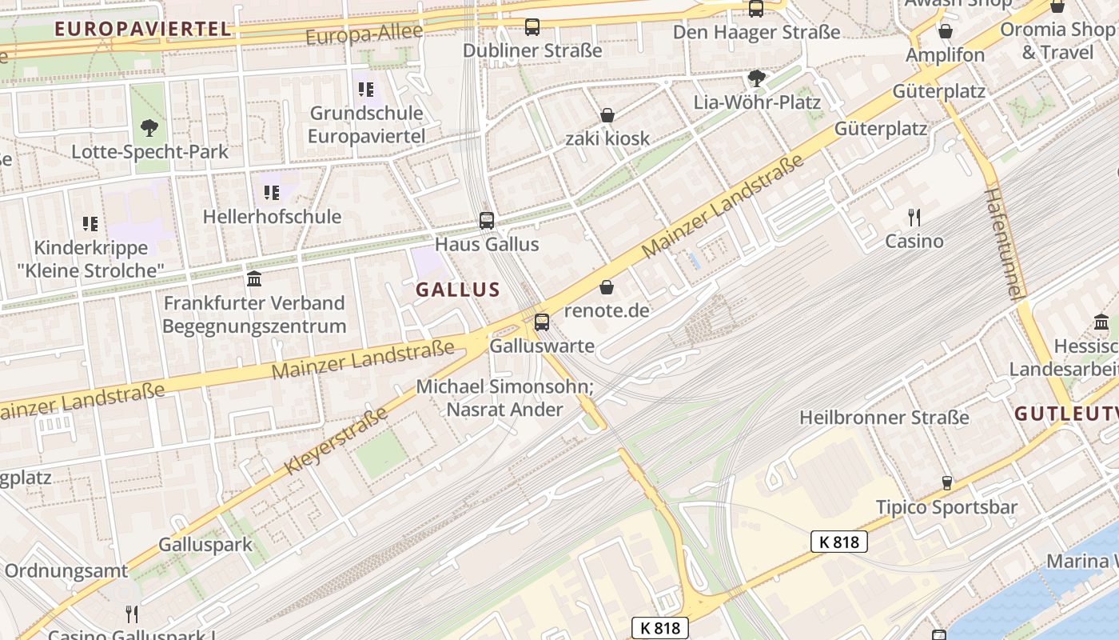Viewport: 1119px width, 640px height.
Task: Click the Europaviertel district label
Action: (x=143, y=30)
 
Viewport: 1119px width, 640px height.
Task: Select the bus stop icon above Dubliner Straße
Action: (x=532, y=27)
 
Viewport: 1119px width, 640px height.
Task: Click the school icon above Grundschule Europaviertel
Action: (x=366, y=89)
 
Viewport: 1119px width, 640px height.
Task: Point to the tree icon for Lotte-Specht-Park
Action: (x=149, y=127)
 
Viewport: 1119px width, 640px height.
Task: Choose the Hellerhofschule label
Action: (x=272, y=216)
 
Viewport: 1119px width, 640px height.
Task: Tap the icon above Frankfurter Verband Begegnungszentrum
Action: (x=254, y=278)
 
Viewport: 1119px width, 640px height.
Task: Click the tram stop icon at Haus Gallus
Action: (x=486, y=220)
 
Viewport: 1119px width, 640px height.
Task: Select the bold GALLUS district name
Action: (x=458, y=290)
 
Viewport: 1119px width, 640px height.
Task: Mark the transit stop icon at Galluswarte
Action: (x=542, y=322)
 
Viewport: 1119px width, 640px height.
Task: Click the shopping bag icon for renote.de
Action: (x=607, y=287)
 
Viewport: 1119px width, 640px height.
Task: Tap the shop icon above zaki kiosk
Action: (x=607, y=115)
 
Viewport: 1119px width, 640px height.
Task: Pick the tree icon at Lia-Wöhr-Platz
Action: (x=756, y=78)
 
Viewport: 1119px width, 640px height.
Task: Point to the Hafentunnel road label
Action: (x=1004, y=243)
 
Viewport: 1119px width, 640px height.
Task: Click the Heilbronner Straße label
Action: (x=884, y=418)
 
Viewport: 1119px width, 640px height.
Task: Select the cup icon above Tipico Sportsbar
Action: (x=946, y=482)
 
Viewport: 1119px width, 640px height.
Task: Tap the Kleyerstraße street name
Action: (x=336, y=440)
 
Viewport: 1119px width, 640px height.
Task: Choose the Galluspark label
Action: (x=205, y=545)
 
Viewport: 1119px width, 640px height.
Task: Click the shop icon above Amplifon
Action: (x=946, y=31)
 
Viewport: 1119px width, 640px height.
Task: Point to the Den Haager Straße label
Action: (x=756, y=32)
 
